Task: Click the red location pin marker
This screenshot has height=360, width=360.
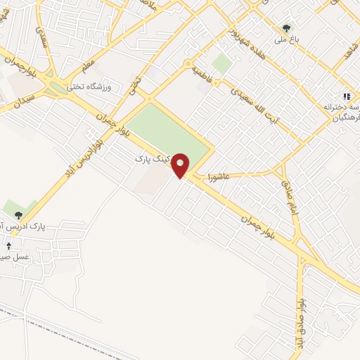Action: (181, 165)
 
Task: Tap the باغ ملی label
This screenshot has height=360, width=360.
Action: (287, 40)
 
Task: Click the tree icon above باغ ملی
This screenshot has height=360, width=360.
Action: (285, 29)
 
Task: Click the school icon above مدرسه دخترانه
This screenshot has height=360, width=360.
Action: (345, 96)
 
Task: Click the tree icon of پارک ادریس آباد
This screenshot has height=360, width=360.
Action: (18, 214)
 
